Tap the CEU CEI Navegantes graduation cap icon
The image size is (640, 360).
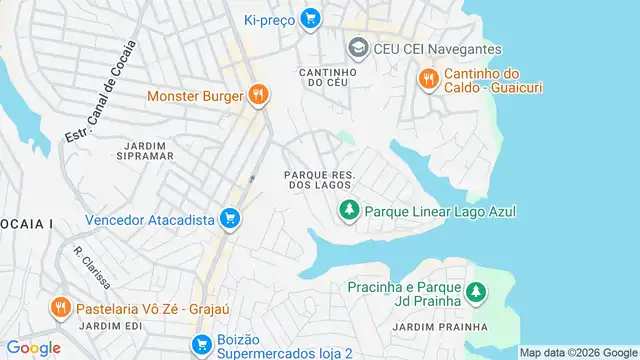(357, 47)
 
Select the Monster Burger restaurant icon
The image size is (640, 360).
(258, 96)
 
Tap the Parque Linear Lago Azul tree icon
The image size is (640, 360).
(349, 210)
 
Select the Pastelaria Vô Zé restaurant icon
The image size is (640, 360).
(61, 307)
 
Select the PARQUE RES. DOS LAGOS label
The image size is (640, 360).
(318, 179)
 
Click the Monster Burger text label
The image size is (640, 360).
(194, 97)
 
